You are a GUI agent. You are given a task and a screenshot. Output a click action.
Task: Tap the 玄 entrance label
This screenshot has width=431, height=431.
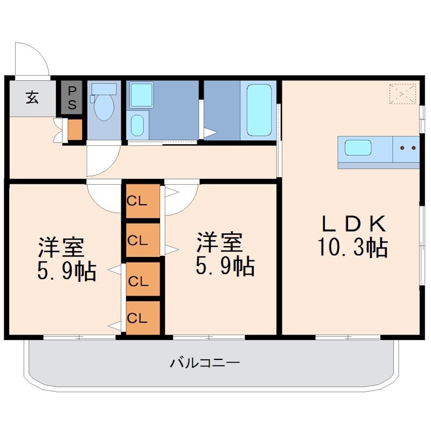pos(32,98)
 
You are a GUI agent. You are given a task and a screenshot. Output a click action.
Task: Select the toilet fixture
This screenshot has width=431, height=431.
pos(103,105)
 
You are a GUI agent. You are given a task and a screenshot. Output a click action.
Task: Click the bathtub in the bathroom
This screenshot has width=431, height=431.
pos(259,110)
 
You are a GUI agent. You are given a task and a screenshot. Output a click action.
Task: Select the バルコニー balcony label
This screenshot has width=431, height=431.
pos(205,363)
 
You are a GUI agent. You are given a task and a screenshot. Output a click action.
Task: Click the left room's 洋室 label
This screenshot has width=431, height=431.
pos(60,247)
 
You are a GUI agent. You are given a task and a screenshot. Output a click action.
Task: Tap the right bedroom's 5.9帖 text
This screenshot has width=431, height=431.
pos(225,266)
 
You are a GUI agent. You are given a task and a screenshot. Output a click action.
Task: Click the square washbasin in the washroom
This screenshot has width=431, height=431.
pos(142,95)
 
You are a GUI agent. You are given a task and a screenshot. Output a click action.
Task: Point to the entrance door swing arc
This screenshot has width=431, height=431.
pos(31,58)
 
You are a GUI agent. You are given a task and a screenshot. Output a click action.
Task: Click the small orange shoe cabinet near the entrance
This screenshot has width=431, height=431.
pos(74,130)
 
